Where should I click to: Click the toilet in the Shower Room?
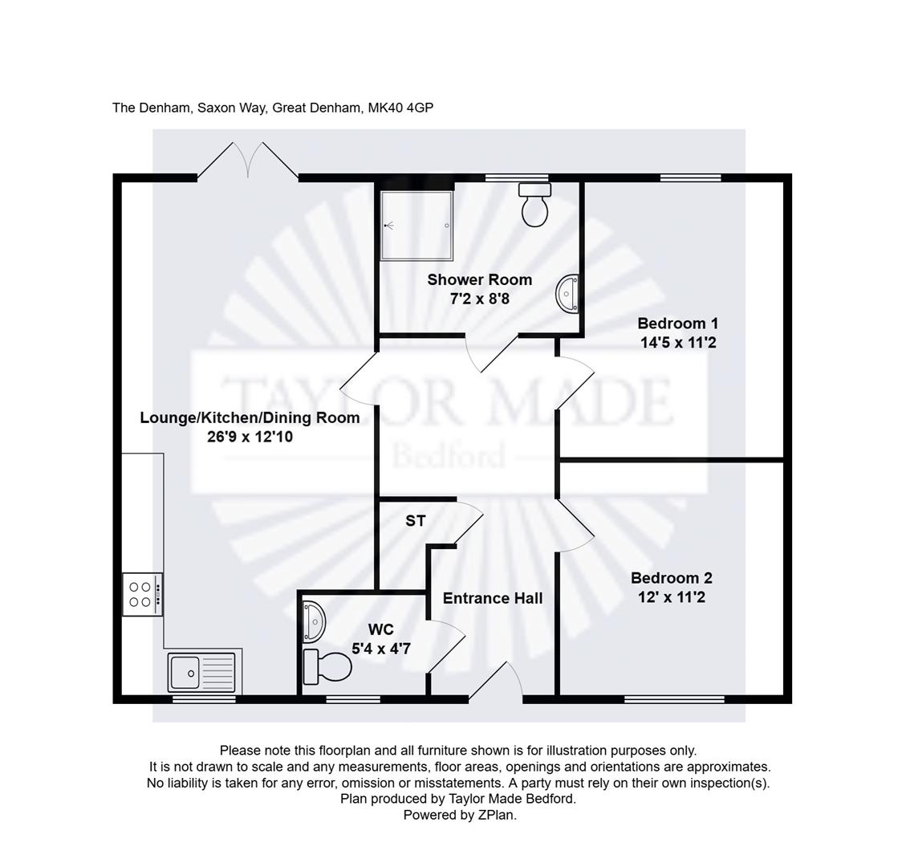(535, 205)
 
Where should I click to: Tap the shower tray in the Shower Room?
(417, 226)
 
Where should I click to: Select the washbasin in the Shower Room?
(567, 294)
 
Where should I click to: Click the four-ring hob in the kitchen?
(143, 594)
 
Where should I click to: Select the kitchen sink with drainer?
(201, 672)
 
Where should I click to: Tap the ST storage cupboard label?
(415, 521)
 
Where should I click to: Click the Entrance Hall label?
(493, 598)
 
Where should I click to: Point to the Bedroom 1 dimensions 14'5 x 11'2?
(678, 343)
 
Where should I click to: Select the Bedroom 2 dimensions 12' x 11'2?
(672, 597)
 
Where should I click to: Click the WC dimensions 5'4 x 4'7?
(381, 649)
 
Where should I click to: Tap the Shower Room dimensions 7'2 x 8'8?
(479, 299)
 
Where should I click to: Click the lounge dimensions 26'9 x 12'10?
(250, 437)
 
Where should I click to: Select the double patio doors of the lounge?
(248, 161)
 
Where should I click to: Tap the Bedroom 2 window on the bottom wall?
(674, 699)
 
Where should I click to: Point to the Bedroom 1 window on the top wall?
(690, 177)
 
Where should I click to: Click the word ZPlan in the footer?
(497, 815)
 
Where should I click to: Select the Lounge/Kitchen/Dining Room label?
(250, 417)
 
